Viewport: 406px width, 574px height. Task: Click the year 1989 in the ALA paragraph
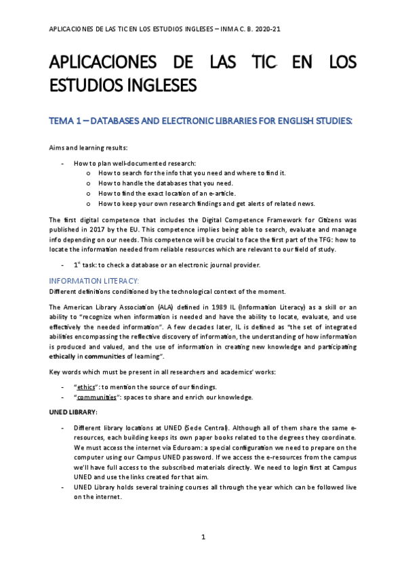click(214, 307)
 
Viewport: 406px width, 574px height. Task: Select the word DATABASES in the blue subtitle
click(120, 121)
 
